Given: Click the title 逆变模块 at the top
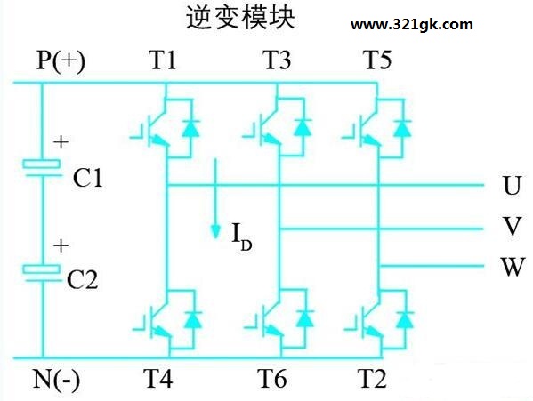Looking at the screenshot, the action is tap(240, 18).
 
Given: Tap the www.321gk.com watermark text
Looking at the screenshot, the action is tap(412, 25).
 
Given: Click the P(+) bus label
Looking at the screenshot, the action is tap(61, 61).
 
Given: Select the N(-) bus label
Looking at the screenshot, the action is tap(56, 380).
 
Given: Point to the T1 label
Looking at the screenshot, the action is tap(163, 60).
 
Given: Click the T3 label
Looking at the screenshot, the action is tap(277, 60).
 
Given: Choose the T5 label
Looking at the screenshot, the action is tap(377, 60).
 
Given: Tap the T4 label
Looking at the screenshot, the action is tap(158, 378).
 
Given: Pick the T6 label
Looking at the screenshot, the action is tap(271, 378).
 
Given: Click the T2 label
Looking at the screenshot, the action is tap(372, 378).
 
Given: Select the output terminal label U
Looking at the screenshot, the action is tap(512, 186).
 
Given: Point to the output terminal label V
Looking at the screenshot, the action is tap(512, 226).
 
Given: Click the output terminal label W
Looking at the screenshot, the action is tap(513, 267).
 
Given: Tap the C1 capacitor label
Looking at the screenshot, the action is tap(88, 178).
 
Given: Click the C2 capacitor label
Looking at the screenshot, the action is tap(83, 279).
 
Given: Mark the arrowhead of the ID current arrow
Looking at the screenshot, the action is tap(215, 231).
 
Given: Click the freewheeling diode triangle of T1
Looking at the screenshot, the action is tap(190, 129).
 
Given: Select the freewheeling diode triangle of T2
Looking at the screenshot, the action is tap(405, 319).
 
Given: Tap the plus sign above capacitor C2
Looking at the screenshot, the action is tap(61, 245).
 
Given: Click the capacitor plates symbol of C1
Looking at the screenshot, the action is tap(43, 168).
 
